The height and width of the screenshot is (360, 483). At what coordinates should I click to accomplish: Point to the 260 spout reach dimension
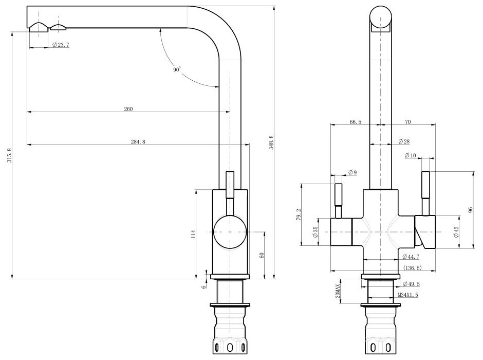128,109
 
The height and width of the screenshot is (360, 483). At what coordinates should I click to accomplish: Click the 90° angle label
177,70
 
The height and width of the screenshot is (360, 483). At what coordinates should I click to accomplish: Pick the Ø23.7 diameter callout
61,45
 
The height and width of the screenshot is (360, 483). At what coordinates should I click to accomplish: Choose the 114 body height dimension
193,234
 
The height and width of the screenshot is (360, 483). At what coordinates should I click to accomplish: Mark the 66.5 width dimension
356,122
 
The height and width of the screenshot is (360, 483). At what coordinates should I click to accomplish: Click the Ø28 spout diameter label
403,141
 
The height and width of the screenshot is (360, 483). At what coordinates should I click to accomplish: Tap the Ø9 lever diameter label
352,172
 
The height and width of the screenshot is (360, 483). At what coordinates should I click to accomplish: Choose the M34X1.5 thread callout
407,295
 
